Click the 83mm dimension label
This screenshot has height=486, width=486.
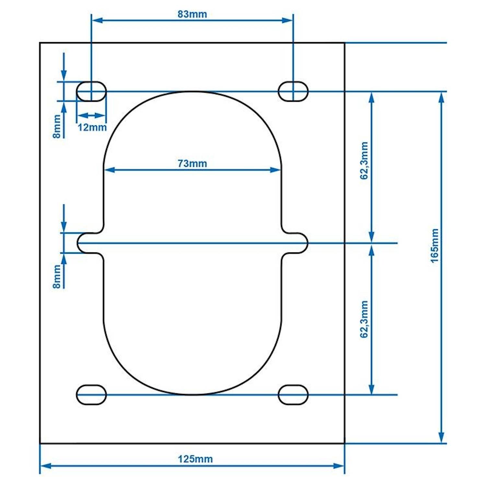point(192,14)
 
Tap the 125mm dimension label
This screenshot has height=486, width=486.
point(195,459)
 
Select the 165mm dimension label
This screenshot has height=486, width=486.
point(435,246)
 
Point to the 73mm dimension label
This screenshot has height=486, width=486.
point(192,164)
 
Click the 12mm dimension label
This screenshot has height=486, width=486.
point(92,127)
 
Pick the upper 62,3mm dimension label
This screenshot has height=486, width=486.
point(364,161)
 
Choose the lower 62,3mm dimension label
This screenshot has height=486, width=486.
point(364,319)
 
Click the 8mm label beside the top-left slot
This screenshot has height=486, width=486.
point(57,126)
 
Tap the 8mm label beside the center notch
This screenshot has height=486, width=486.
point(57,276)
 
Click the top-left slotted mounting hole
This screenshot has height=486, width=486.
point(91,91)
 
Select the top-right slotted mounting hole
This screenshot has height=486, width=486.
point(293,91)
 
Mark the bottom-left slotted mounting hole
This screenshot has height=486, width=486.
point(91,395)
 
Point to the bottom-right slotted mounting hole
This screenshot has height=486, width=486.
point(293,395)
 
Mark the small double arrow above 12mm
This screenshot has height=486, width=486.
point(91,115)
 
